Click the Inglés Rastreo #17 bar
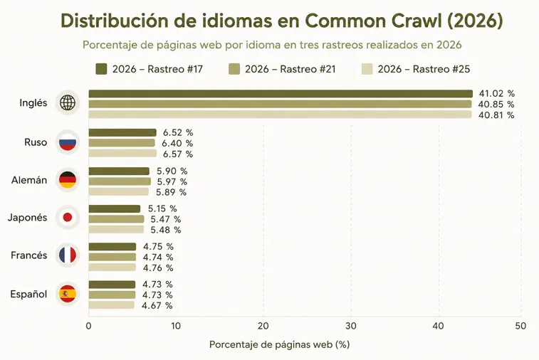tap(281, 94)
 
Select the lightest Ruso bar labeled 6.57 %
tap(122, 153)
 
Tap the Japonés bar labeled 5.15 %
tap(115, 208)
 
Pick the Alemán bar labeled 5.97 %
tap(120, 181)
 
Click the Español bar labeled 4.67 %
tap(111, 305)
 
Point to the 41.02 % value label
tap(497, 93)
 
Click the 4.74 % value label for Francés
tap(158, 257)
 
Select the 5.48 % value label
tap(166, 230)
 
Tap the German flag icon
tap(68, 180)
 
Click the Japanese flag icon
tap(68, 218)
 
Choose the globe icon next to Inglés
tap(68, 102)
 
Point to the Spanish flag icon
tap(68, 294)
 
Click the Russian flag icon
tap(68, 142)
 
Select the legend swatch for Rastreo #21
tap(234, 69)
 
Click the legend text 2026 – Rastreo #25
tap(424, 69)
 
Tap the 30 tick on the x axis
tap(351, 326)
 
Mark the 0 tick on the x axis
tap(89, 326)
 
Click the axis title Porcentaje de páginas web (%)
tap(280, 344)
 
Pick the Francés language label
tap(29, 255)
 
